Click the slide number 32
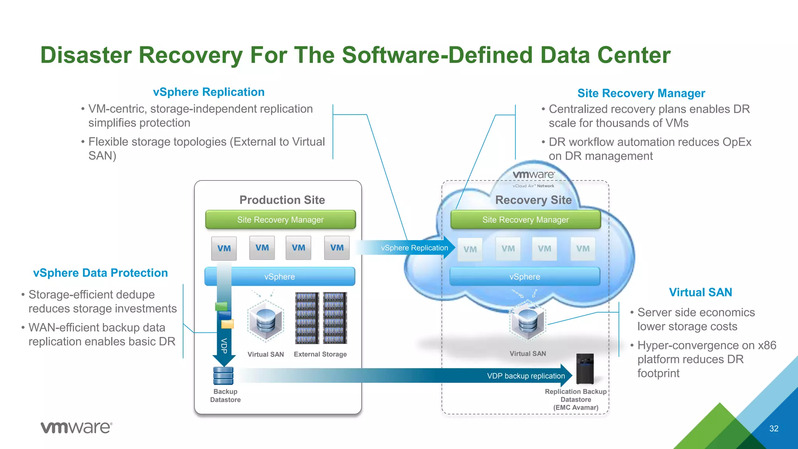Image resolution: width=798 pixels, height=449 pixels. pos(773,428)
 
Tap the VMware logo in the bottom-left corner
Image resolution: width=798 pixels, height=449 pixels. pos(76,427)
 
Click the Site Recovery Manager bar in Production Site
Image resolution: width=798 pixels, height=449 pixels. pos(280,220)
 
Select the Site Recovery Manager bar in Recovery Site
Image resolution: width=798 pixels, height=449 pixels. pos(525,220)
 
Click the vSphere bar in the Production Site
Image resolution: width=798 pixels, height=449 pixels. pos(280,277)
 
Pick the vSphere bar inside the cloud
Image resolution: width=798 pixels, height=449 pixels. pos(524,277)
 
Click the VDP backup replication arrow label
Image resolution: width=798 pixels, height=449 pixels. pos(526,376)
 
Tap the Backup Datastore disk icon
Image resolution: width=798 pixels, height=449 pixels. pos(223,376)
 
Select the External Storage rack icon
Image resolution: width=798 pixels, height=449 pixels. pos(321,318)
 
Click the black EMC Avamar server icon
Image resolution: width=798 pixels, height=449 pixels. pos(585,368)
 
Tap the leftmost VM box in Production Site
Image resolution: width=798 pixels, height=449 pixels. pos(224,248)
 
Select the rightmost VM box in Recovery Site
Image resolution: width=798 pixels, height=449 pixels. pos(583,249)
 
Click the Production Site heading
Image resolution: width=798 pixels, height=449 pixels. pos(282,200)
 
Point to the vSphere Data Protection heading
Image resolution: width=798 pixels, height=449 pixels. pos(101,273)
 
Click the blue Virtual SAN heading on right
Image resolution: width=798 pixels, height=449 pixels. pos(700,292)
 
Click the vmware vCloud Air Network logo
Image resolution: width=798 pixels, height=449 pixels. pos(533,179)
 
